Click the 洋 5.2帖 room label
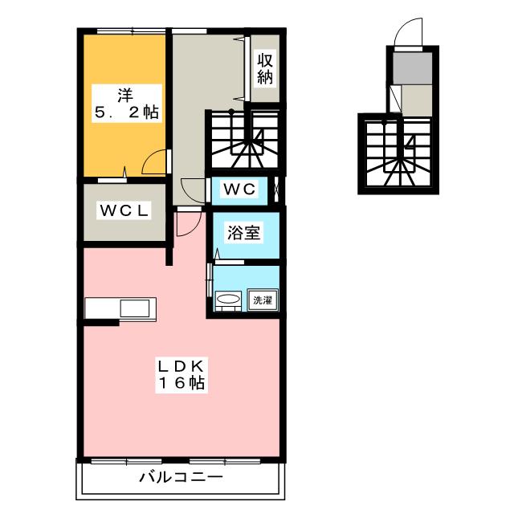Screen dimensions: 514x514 pos(124,103)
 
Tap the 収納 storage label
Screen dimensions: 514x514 pos(265,69)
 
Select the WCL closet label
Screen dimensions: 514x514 pos(124,211)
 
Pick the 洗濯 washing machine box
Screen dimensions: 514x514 pos(262,300)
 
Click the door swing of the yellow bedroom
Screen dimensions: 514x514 pos(154,163)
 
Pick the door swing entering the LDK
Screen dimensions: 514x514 pos(184,222)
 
